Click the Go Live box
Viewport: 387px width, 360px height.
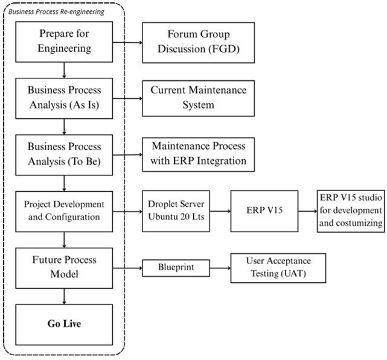tap(64, 324)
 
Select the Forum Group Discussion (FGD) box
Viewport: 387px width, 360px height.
tap(199, 42)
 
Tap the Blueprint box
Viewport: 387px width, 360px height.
tap(176, 268)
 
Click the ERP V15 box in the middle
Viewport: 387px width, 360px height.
tap(264, 211)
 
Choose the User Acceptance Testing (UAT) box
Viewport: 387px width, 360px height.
tap(278, 268)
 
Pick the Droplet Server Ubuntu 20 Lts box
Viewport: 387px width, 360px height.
tap(176, 211)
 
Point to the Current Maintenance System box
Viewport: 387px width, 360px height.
tap(199, 98)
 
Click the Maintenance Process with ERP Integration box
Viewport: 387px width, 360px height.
tap(199, 154)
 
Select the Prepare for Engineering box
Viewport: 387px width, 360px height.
tap(64, 42)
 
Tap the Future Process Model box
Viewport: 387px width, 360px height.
tap(64, 268)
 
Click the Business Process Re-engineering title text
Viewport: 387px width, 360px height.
tap(56, 12)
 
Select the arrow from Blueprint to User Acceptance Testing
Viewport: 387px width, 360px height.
tap(220, 268)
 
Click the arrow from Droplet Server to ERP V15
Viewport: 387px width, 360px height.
tap(220, 211)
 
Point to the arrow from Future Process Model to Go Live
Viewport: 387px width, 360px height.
tap(64, 297)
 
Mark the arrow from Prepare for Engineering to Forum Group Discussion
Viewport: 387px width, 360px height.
tap(127, 42)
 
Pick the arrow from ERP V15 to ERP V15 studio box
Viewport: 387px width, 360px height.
tap(307, 211)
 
